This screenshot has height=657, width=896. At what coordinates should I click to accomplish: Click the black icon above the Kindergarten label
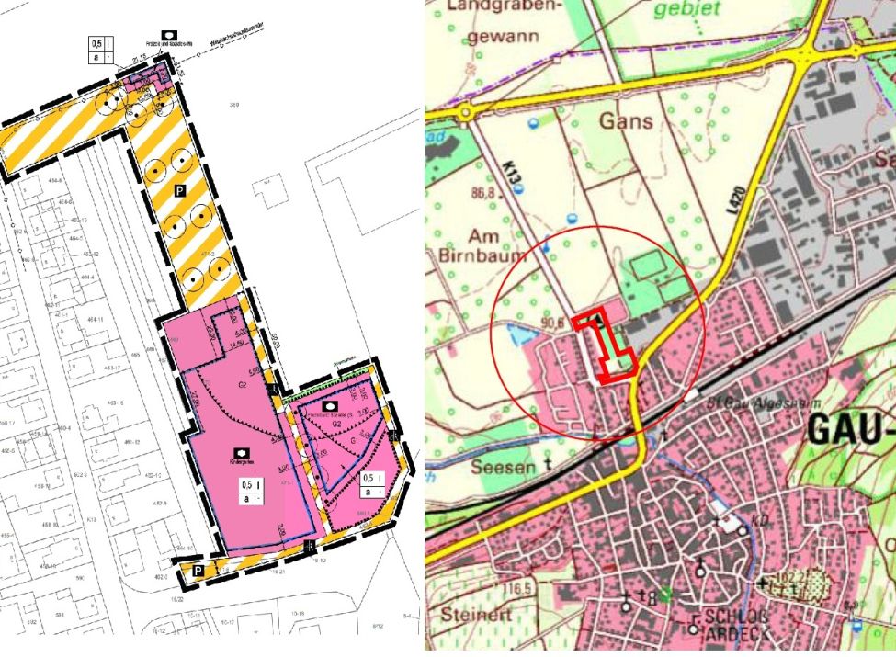240,453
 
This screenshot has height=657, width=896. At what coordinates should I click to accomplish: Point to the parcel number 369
233,106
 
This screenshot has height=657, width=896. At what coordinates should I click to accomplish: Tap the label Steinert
473,613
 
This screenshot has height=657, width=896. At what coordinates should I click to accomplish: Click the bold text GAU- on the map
849,430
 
